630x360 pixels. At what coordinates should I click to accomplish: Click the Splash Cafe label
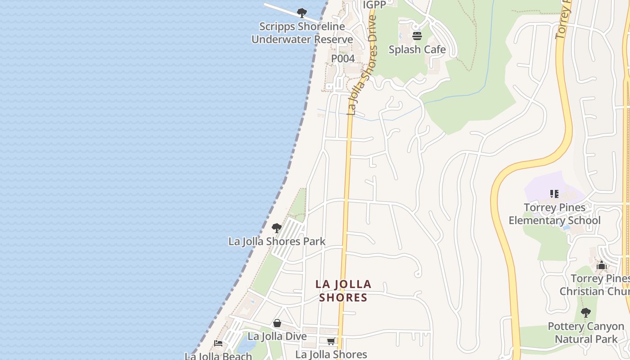click(x=417, y=49)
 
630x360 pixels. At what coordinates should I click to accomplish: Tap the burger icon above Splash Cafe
click(x=417, y=36)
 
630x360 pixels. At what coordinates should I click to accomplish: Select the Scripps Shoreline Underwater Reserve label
click(x=302, y=33)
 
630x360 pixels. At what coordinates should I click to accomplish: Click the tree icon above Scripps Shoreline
click(x=302, y=13)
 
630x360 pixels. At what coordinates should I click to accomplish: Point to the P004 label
click(x=343, y=58)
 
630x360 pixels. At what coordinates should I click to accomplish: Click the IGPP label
click(x=374, y=4)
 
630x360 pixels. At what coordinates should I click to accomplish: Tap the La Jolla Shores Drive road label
click(x=363, y=65)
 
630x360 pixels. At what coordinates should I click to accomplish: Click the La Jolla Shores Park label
click(x=277, y=241)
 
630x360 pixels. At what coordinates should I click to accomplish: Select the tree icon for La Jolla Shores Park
click(x=277, y=228)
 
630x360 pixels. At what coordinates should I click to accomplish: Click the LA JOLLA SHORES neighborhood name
click(x=343, y=291)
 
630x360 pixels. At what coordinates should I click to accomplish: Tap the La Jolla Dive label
click(x=277, y=336)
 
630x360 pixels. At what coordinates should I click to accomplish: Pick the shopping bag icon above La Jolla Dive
click(x=277, y=323)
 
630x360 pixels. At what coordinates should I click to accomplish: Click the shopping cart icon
click(x=331, y=342)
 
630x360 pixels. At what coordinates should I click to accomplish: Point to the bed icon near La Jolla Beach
click(x=218, y=343)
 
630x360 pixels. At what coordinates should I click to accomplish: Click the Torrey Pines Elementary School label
click(x=554, y=214)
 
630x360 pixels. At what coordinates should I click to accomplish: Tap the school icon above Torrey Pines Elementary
click(x=554, y=194)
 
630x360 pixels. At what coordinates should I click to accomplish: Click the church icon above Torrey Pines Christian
click(x=602, y=265)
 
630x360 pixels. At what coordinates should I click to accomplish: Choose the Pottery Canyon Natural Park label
click(x=586, y=333)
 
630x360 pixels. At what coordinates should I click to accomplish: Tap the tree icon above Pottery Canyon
click(x=585, y=312)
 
